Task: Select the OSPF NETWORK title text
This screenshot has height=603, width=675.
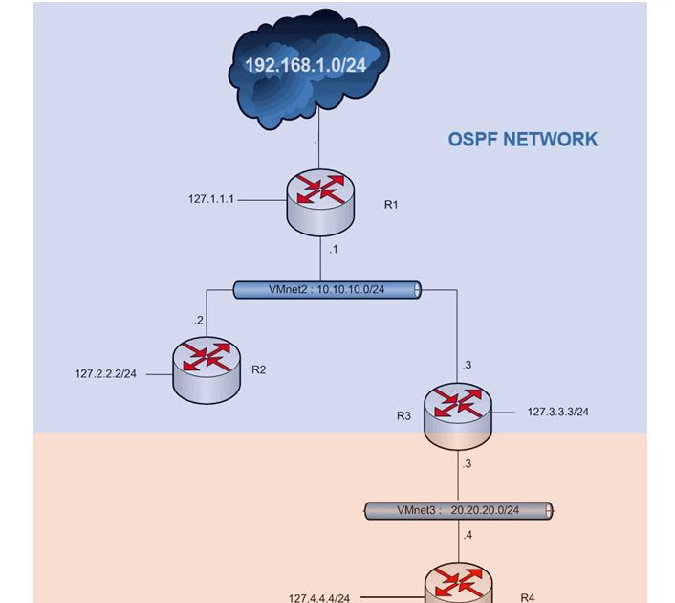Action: (x=522, y=139)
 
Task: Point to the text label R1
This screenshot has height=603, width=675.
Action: (x=390, y=205)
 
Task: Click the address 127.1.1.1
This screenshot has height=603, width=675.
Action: (x=210, y=200)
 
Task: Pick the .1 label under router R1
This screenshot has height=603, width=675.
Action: (x=333, y=250)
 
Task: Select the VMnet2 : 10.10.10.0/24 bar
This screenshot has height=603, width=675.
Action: (x=327, y=288)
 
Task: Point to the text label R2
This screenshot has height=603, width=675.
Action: (x=258, y=369)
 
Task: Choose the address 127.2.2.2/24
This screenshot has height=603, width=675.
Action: (x=105, y=373)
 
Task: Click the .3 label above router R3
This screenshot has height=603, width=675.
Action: (x=467, y=365)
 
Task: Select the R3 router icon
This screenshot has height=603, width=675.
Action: (x=458, y=413)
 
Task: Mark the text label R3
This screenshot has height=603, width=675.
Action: (x=403, y=416)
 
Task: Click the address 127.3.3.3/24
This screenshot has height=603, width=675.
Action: (x=557, y=413)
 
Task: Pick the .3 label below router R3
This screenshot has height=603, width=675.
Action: (x=467, y=464)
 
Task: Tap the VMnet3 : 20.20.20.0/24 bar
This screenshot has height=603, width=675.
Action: (x=458, y=511)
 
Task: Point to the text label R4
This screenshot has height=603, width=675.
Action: (x=528, y=595)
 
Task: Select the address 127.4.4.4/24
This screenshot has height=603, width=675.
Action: (x=319, y=598)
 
